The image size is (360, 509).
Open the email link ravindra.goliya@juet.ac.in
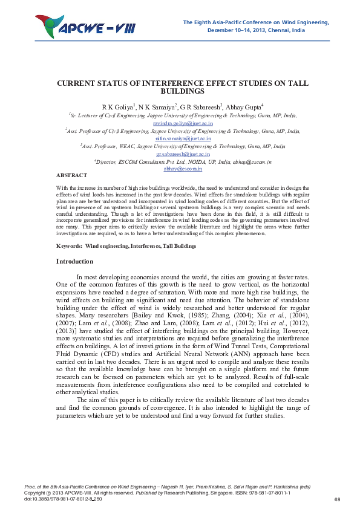coord(180,122)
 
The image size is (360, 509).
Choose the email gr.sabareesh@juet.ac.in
coord(180,154)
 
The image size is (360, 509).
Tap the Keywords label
coord(68,247)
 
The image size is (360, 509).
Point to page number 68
coord(337,499)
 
